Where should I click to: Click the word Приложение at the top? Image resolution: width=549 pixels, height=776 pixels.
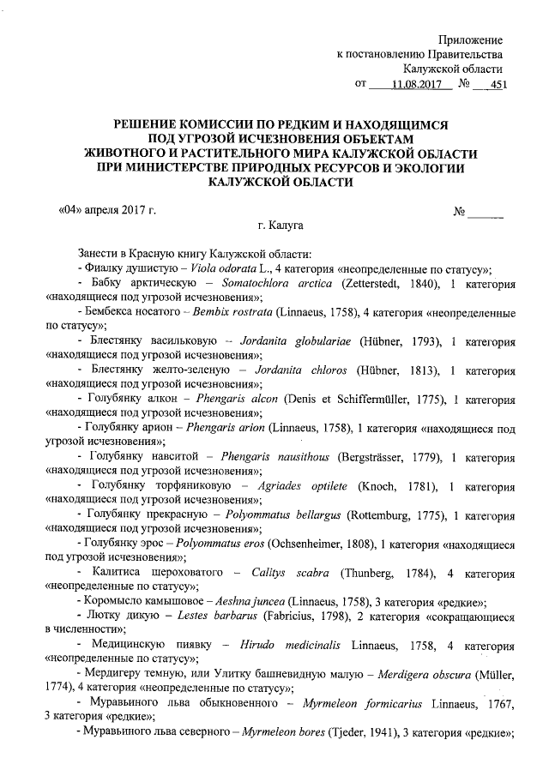click(470, 40)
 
